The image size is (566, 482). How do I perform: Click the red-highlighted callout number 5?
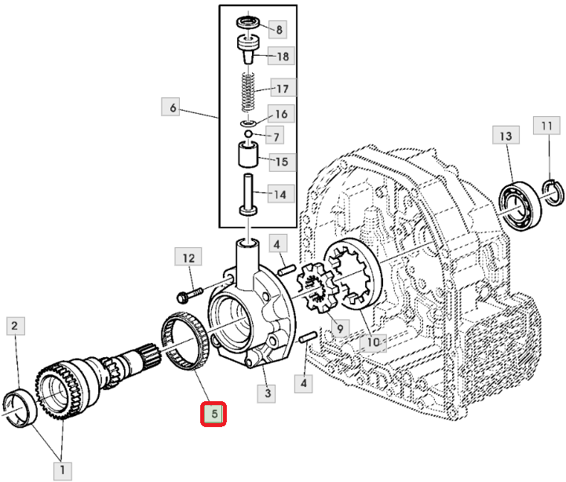(x=214, y=414)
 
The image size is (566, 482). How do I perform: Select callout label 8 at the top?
(x=279, y=29)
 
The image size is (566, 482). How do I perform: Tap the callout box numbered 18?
(x=281, y=56)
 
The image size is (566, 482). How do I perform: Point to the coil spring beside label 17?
(x=248, y=92)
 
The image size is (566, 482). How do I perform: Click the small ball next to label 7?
(x=248, y=134)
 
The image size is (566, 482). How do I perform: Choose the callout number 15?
(x=283, y=162)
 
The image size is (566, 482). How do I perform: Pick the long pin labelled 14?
(x=248, y=195)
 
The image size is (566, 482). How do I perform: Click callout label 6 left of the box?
(x=173, y=108)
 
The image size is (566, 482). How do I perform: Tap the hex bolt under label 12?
(x=189, y=294)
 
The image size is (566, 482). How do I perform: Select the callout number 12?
(x=188, y=257)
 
